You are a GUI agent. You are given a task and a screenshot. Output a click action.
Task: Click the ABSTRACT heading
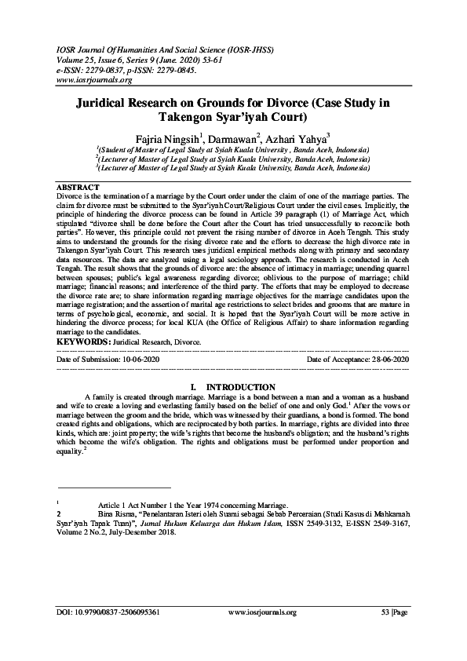(x=78, y=186)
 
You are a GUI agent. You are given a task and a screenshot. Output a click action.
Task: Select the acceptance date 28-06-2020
(x=390, y=358)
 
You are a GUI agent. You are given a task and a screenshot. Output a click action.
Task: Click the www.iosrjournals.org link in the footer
(x=261, y=612)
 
